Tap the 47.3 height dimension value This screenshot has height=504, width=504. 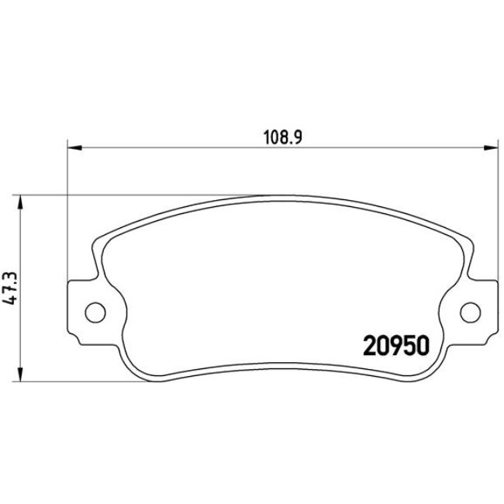pyautogui.click(x=11, y=288)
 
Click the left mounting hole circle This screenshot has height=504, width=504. pyautogui.click(x=94, y=312)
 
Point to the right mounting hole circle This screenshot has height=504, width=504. pyautogui.click(x=471, y=312)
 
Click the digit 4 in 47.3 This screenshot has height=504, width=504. pyautogui.click(x=11, y=303)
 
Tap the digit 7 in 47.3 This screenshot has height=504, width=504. pyautogui.click(x=11, y=292)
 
